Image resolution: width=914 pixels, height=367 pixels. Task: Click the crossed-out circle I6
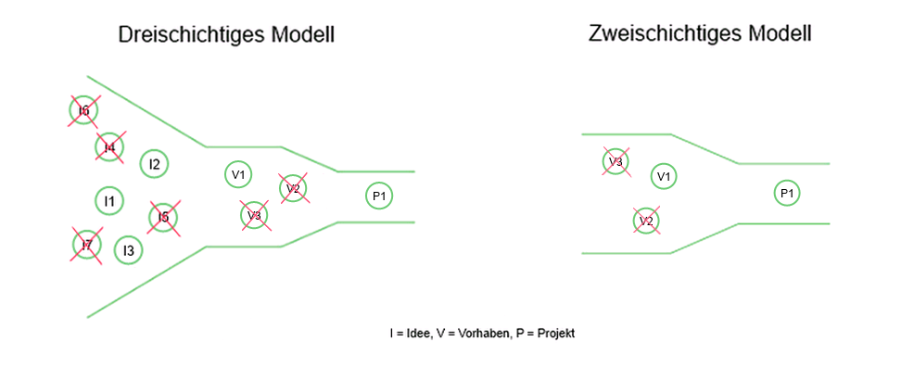83,110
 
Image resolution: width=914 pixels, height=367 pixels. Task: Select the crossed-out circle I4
109,146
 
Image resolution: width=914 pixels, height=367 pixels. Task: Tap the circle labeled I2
154,165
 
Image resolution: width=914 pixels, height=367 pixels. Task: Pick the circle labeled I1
109,200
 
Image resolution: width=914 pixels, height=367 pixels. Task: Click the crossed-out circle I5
163,217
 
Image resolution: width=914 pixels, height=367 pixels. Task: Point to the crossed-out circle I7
87,245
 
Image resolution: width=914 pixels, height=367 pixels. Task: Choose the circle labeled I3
128,250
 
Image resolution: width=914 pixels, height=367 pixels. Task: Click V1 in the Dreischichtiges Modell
238,173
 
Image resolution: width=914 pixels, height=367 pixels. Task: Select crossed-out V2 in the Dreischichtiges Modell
293,188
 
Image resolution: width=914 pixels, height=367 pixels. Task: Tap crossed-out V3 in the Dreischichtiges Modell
254,215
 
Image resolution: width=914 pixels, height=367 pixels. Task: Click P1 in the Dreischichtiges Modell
378,196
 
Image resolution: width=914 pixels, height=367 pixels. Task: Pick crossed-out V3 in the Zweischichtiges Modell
615,162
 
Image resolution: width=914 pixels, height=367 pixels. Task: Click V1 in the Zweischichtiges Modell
664,176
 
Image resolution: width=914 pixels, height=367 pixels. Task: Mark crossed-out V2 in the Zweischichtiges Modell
646,221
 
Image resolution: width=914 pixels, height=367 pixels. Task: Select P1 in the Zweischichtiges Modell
786,193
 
